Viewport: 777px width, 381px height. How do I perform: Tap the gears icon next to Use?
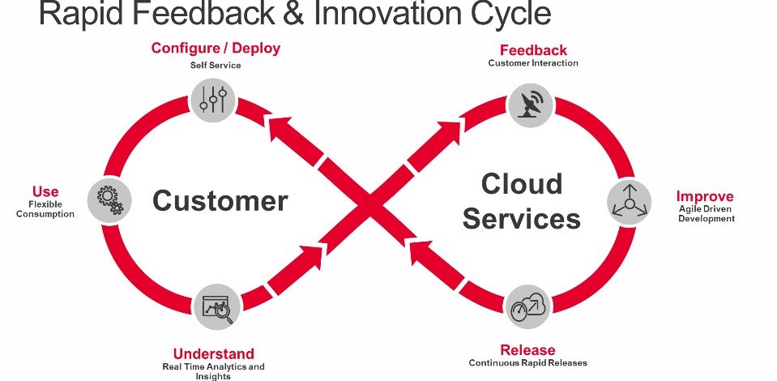(x=109, y=199)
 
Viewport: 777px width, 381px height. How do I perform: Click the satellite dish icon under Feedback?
(x=532, y=103)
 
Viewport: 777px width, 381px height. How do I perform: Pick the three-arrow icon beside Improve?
(x=630, y=200)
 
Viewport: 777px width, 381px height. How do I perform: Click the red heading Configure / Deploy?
(x=216, y=48)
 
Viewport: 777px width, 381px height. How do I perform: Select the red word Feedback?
(x=533, y=50)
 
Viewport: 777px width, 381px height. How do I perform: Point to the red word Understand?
(x=213, y=353)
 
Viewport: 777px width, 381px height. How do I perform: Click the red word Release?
(x=527, y=349)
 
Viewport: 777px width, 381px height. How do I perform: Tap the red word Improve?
(x=705, y=196)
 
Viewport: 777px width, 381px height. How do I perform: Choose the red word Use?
(x=45, y=191)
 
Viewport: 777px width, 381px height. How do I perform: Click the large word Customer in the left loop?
(x=220, y=200)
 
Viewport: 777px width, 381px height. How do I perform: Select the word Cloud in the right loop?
(x=522, y=183)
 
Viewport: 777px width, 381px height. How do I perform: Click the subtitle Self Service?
(x=216, y=65)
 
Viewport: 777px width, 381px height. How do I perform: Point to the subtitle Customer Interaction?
(x=533, y=63)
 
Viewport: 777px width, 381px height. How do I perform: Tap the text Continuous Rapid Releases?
(x=527, y=362)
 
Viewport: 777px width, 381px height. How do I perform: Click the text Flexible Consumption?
(x=45, y=209)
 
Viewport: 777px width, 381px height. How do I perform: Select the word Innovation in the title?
(x=376, y=14)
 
